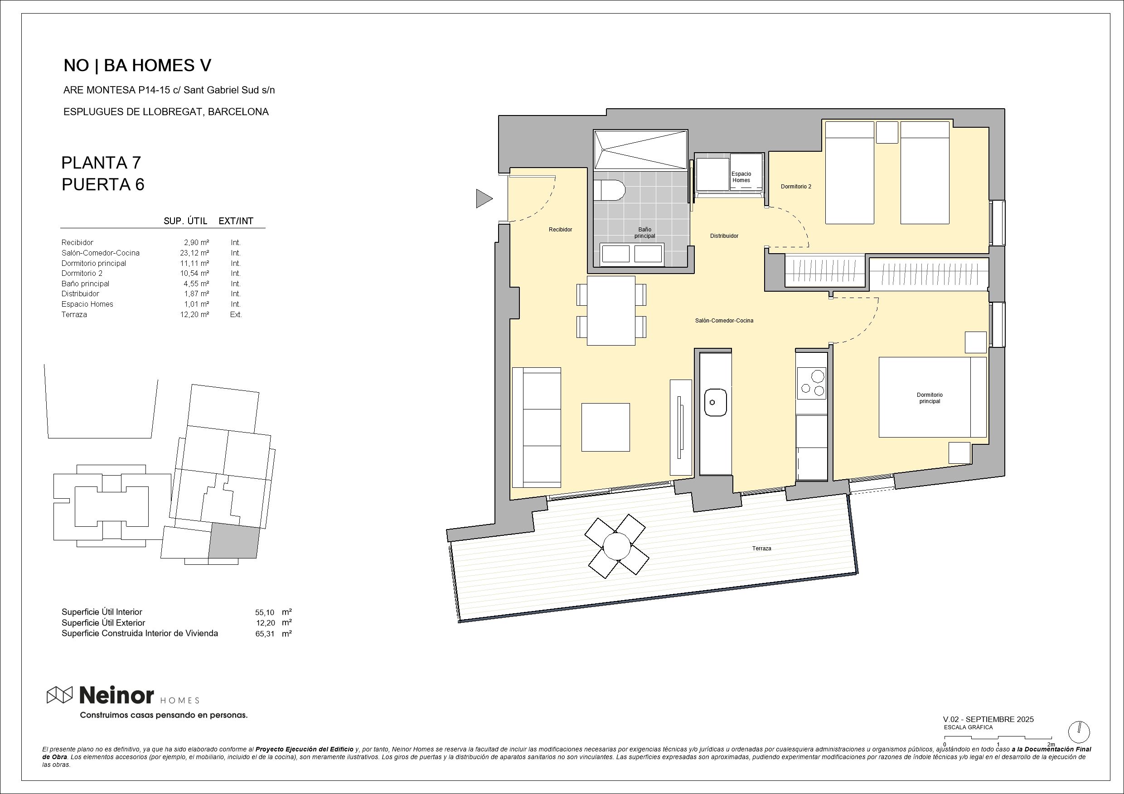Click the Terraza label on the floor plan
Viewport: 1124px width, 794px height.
[761, 549]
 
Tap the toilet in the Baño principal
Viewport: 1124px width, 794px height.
[610, 190]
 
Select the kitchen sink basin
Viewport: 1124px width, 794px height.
[715, 402]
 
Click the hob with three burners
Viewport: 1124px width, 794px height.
[812, 383]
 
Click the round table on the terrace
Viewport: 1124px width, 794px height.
[616, 546]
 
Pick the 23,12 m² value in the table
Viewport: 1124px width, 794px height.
[194, 253]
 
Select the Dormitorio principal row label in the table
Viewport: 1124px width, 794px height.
[93, 263]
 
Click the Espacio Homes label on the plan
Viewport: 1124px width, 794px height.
[741, 177]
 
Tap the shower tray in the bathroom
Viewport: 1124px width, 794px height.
[640, 150]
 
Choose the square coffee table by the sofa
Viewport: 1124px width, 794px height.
[606, 427]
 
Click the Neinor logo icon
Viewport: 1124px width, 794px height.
[60, 695]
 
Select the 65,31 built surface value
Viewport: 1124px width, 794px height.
[265, 634]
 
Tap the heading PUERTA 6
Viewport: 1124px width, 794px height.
[103, 184]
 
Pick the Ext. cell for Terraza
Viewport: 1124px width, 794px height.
[236, 315]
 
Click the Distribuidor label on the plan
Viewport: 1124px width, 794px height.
[724, 236]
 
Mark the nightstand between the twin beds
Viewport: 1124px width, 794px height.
[887, 132]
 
